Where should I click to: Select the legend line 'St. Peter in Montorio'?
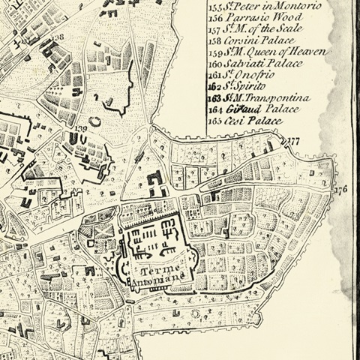(266, 5)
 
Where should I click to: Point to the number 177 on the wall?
(293, 141)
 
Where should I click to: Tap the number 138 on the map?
(58, 35)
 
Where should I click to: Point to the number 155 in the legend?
(217, 6)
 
